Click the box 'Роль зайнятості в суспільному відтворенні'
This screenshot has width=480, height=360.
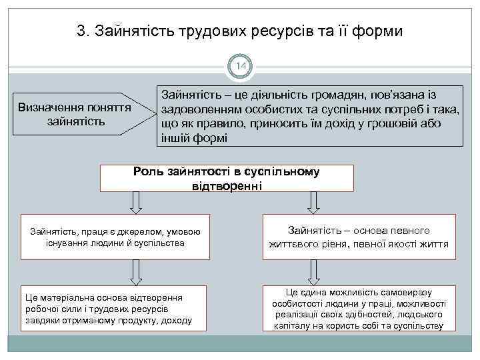point(226,178)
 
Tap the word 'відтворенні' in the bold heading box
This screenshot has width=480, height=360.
point(226,185)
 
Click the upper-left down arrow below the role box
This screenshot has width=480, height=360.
point(136,203)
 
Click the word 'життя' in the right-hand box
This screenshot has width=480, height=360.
point(435,244)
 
